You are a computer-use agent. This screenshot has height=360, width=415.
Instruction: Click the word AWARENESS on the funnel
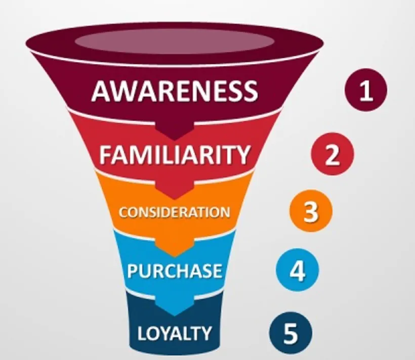[175, 92]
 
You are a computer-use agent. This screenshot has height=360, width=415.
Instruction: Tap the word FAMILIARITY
[175, 155]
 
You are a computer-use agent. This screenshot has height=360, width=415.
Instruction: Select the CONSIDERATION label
[175, 211]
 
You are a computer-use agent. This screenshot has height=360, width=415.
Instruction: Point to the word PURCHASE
[175, 271]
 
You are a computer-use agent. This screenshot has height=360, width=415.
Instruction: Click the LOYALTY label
[175, 333]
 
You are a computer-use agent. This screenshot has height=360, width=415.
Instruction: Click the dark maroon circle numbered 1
[365, 91]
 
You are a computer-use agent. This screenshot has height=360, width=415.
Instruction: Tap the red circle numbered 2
[332, 154]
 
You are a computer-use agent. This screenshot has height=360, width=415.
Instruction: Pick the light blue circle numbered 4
[297, 271]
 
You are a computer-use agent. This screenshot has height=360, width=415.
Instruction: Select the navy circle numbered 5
[290, 333]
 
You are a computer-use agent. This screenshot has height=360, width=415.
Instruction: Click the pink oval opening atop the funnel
[175, 41]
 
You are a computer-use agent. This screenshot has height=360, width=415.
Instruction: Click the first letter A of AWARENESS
[101, 92]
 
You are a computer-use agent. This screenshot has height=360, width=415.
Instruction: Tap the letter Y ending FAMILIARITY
[243, 155]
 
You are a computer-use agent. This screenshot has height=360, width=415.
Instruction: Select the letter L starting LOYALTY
[142, 333]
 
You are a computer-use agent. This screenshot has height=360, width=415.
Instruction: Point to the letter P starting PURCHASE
[133, 271]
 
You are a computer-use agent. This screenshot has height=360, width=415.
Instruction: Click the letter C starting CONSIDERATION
[122, 211]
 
